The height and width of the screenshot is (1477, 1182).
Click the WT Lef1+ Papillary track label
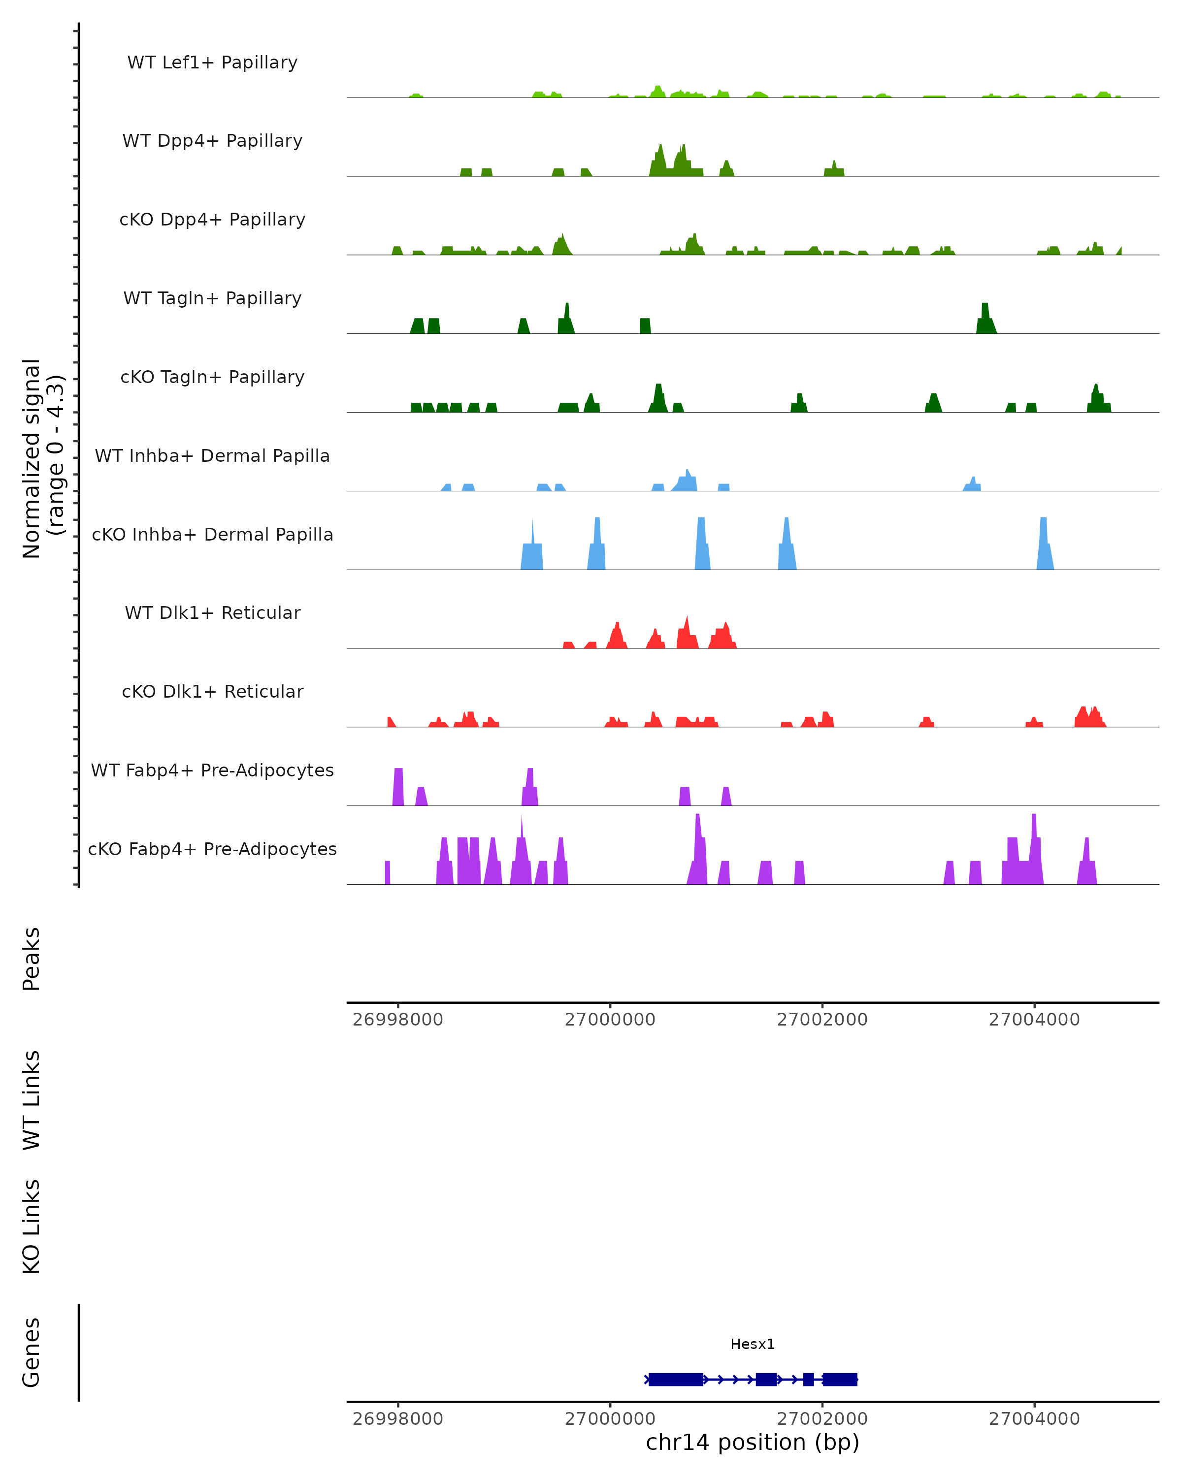point(212,63)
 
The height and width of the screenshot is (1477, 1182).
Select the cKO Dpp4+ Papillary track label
point(212,219)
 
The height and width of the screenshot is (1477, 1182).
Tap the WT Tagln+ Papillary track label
point(212,298)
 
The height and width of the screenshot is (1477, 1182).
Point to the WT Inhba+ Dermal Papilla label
point(212,455)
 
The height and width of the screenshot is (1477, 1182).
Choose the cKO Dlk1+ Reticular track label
point(212,691)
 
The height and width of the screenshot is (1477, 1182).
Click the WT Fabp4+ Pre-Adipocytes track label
point(212,770)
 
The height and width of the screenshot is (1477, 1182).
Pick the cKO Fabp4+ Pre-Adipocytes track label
point(212,849)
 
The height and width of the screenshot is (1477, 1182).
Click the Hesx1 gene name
point(753,1344)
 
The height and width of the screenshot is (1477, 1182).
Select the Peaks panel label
point(32,959)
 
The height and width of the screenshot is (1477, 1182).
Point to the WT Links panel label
point(32,1099)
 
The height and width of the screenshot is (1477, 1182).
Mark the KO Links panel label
point(32,1226)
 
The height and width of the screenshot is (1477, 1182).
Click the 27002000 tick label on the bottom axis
point(821,1418)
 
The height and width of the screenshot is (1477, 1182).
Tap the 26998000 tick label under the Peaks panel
point(397,1020)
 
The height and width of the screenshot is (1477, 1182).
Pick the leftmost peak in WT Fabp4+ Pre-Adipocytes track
point(398,788)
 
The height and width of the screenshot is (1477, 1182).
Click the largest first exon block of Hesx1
point(676,1379)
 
